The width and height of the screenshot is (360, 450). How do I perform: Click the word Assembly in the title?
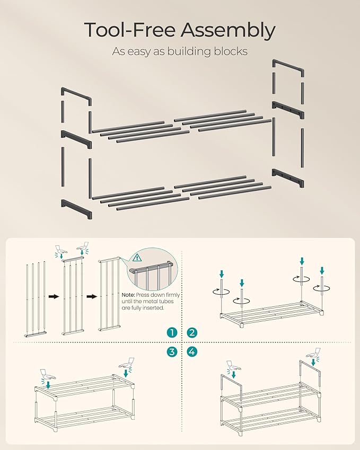click(x=228, y=31)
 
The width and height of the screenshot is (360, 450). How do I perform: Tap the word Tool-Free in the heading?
click(x=129, y=31)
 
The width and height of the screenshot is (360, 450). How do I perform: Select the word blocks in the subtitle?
click(x=231, y=51)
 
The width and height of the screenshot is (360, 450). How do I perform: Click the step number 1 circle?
click(x=171, y=333)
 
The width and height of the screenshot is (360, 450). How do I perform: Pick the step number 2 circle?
click(x=192, y=333)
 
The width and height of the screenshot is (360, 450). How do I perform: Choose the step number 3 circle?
click(x=171, y=351)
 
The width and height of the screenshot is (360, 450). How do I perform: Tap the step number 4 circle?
click(x=192, y=351)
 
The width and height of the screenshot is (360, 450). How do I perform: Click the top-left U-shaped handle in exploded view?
click(x=75, y=97)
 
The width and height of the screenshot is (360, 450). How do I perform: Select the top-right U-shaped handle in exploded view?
click(x=288, y=68)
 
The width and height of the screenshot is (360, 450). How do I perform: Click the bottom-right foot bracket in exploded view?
click(x=288, y=177)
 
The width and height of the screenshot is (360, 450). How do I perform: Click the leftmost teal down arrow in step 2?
click(x=222, y=274)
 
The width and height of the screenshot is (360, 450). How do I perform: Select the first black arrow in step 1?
click(x=54, y=296)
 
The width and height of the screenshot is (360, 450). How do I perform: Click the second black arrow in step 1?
click(x=91, y=296)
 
